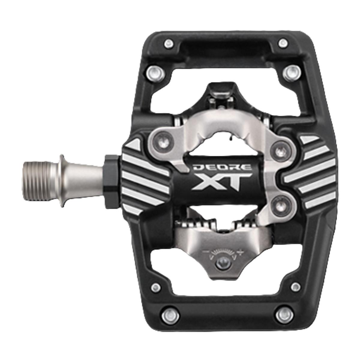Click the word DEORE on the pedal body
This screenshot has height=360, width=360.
[x=222, y=167]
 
